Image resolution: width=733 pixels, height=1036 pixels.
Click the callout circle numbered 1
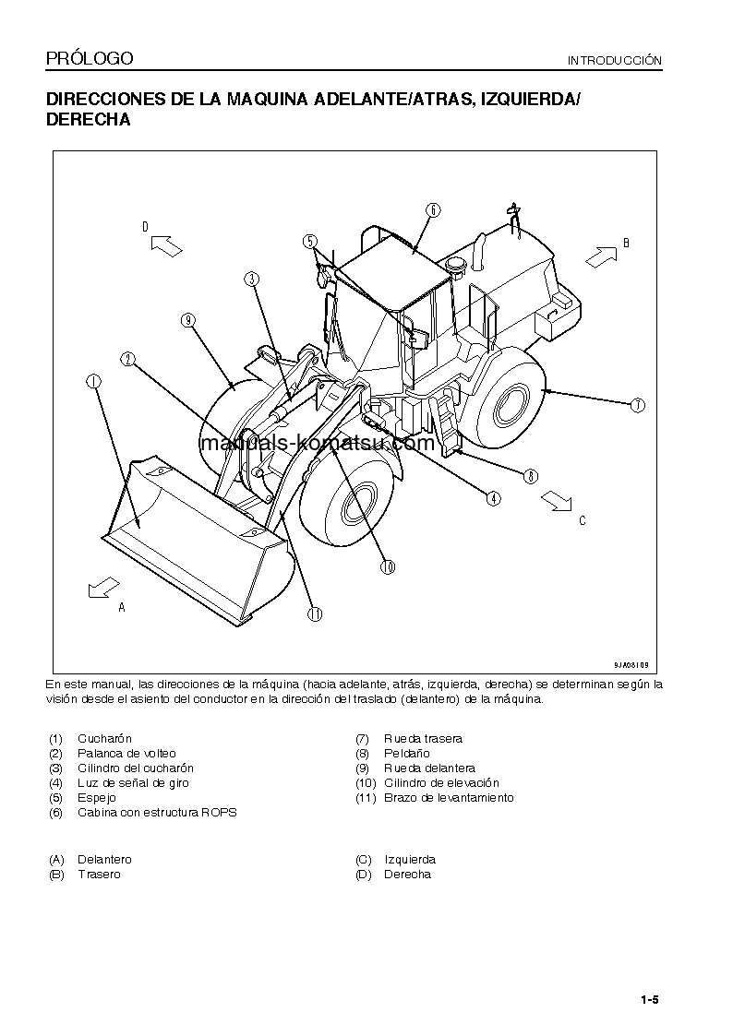93,380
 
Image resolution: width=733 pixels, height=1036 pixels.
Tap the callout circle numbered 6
433,209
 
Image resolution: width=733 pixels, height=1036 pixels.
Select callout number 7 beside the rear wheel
637,404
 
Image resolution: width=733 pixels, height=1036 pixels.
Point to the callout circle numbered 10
388,567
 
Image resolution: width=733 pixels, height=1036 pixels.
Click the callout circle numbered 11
315,613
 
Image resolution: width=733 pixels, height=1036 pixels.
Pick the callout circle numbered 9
187,320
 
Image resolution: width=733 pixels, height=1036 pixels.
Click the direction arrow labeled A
103,588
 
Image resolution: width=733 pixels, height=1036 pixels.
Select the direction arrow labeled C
557,499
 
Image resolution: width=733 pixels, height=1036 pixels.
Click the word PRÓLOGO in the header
90,59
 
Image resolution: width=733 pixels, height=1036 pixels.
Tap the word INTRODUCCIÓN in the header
615,61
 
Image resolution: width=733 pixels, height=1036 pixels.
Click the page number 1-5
649,999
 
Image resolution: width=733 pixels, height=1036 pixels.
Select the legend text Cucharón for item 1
104,739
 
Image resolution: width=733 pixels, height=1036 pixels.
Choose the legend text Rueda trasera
423,739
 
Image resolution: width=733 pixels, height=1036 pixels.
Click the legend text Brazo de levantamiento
449,798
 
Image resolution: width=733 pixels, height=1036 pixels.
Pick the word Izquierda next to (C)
410,860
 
